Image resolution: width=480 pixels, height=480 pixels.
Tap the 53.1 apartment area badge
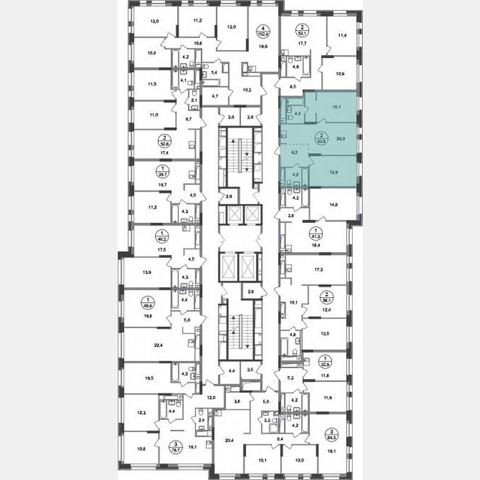pos(301,29)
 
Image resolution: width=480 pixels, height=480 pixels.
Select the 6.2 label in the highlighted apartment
pos(296,151)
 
